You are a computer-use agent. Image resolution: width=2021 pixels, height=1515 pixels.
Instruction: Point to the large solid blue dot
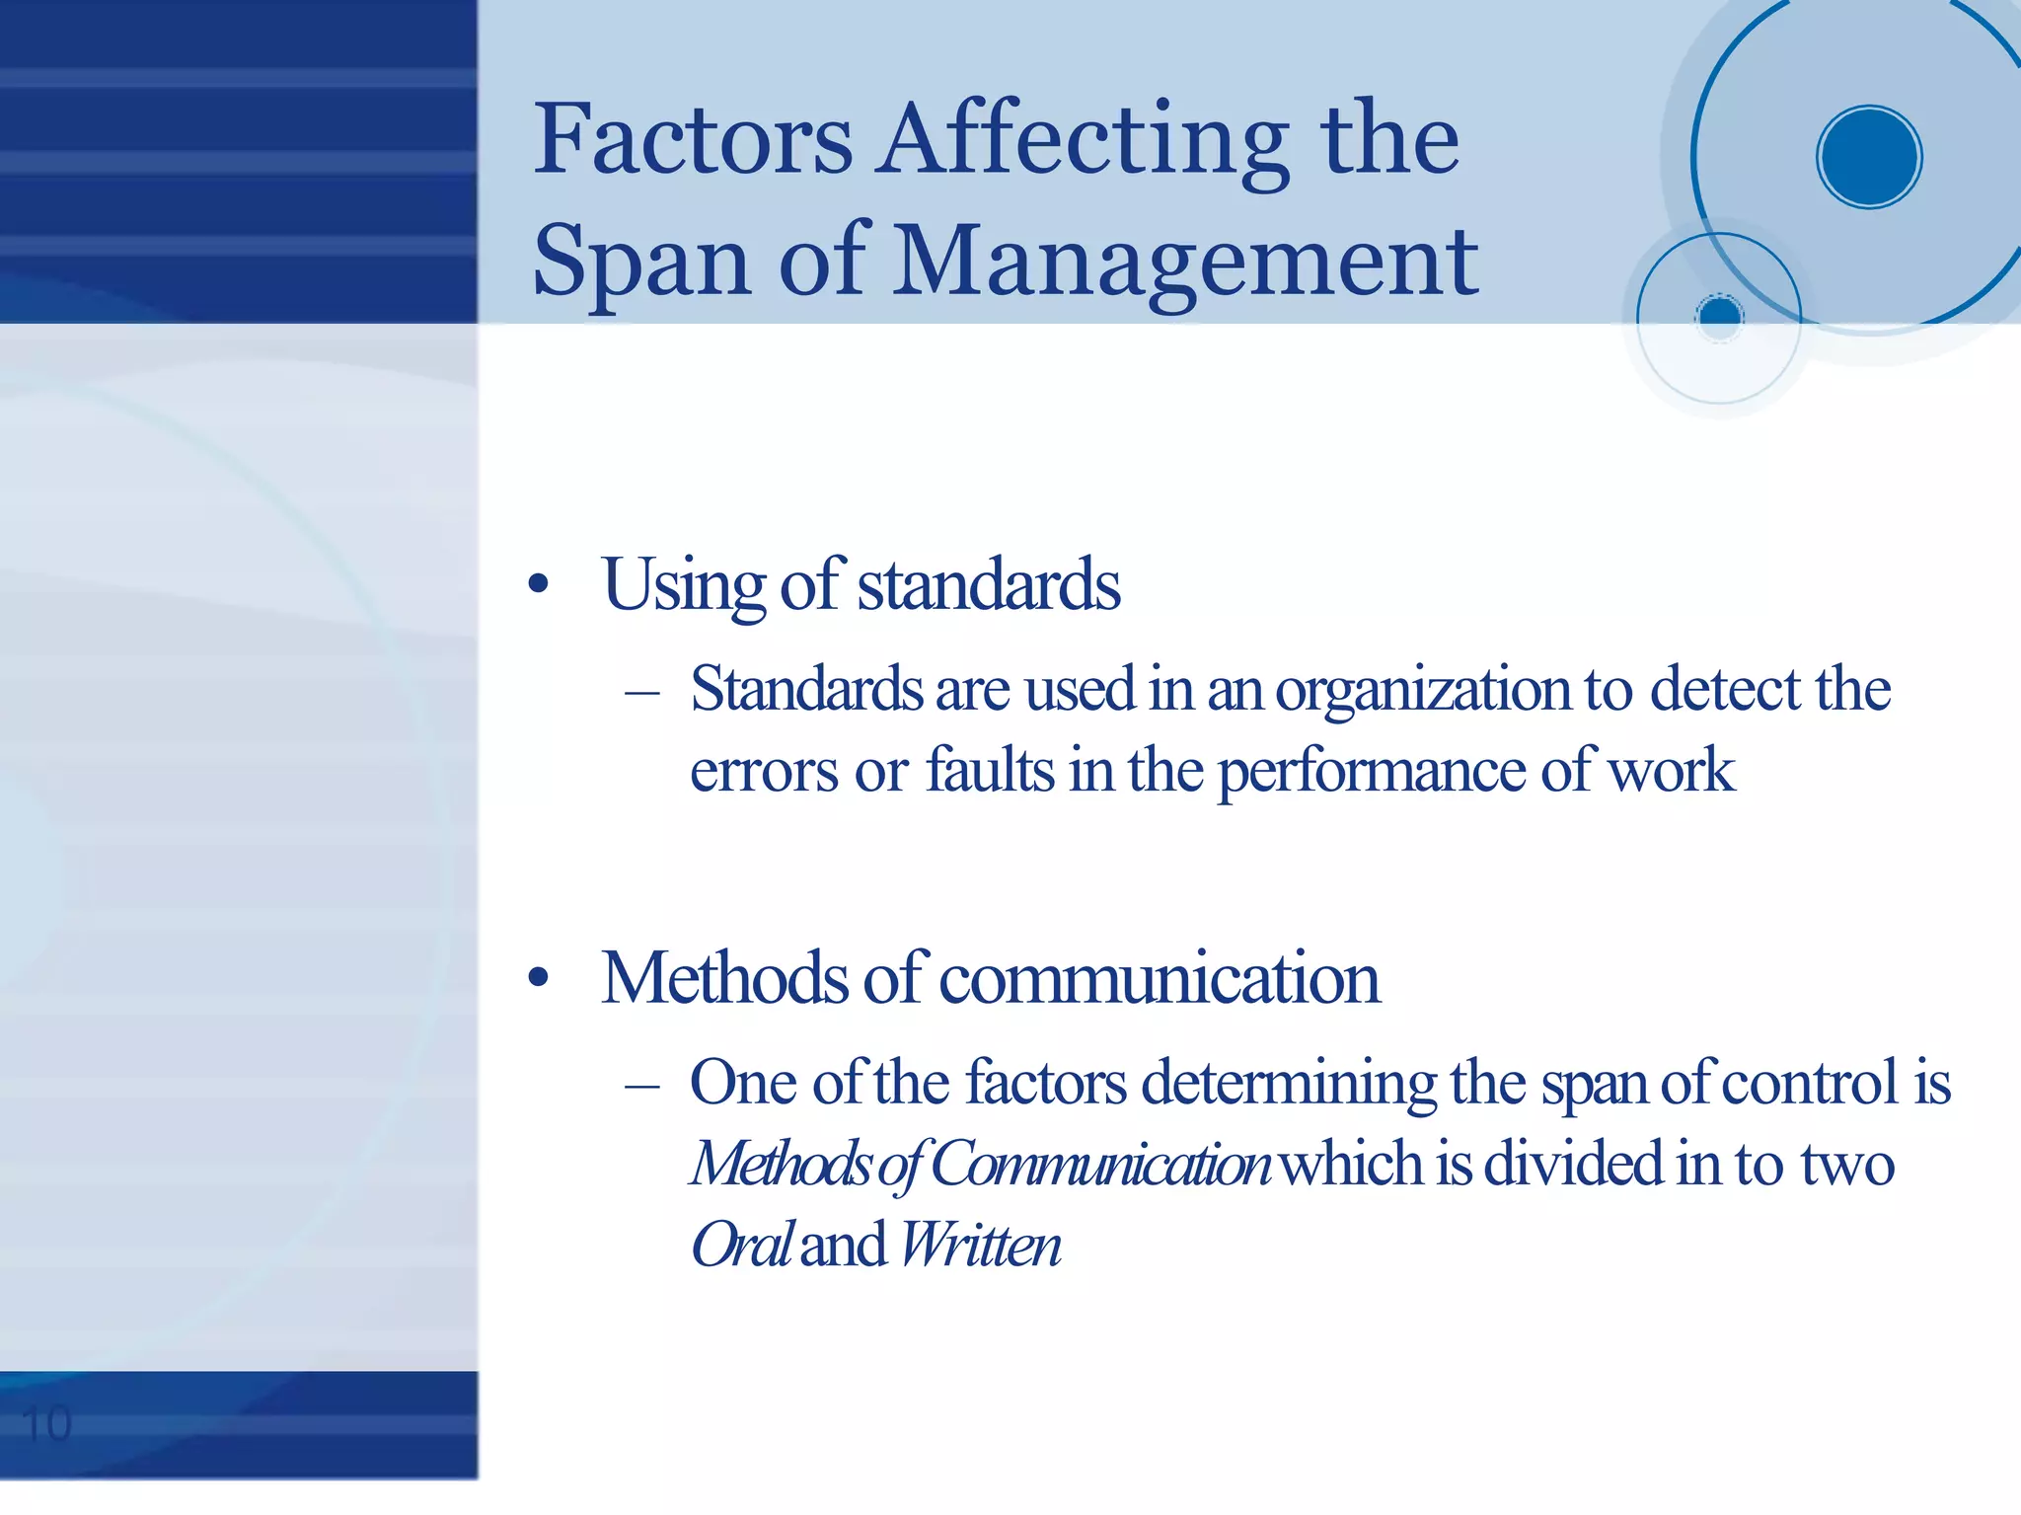pyautogui.click(x=1868, y=157)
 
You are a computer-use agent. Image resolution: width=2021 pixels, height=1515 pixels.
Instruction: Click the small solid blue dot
pyautogui.click(x=1720, y=316)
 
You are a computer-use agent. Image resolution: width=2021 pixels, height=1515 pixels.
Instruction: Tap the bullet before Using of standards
pyautogui.click(x=538, y=585)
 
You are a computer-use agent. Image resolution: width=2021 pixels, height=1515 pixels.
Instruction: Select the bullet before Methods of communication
pyautogui.click(x=538, y=978)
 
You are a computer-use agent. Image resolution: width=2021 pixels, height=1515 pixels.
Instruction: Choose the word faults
pyautogui.click(x=990, y=771)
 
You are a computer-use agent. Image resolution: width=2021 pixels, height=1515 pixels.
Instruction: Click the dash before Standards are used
pyautogui.click(x=642, y=692)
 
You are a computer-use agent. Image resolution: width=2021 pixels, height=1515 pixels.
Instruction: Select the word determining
pyautogui.click(x=1289, y=1084)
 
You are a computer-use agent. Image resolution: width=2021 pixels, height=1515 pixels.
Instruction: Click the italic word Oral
pyautogui.click(x=740, y=1245)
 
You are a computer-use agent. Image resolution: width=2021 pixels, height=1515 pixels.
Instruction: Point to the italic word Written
pyautogui.click(x=980, y=1245)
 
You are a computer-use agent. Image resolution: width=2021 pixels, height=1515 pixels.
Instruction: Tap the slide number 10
pyautogui.click(x=46, y=1424)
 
